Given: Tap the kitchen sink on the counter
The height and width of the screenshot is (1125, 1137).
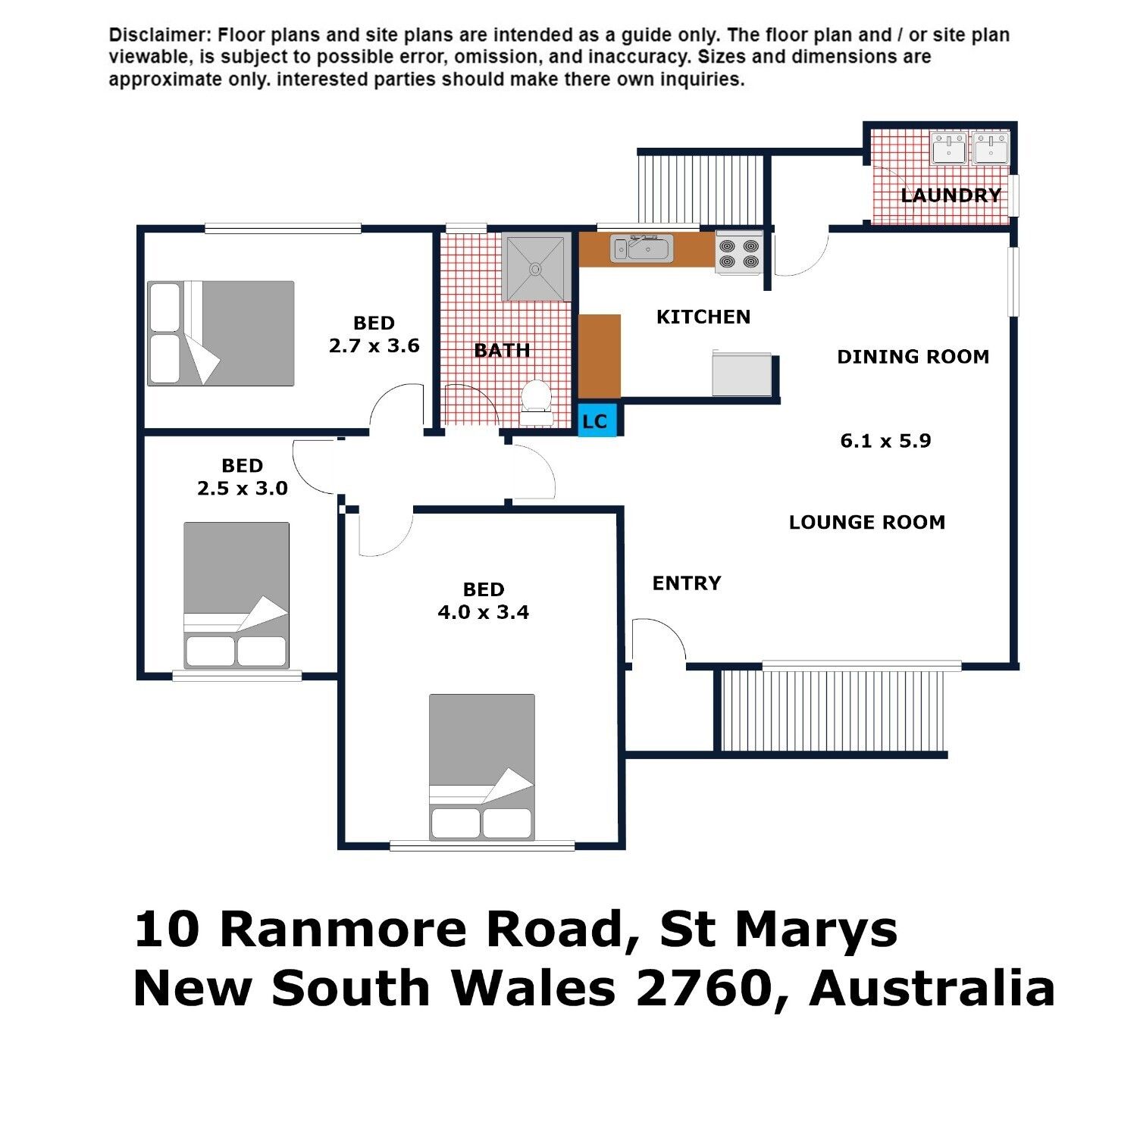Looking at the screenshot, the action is coord(642,248).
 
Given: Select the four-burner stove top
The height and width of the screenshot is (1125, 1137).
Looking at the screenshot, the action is coord(739,252).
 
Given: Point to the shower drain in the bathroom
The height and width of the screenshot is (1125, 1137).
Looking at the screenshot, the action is coord(535,267).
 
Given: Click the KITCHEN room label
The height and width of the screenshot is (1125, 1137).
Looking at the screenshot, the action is coord(703,317).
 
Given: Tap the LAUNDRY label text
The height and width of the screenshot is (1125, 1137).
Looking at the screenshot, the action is coord(951,195).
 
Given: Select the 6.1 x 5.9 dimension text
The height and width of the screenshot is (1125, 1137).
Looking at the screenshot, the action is coord(885,441).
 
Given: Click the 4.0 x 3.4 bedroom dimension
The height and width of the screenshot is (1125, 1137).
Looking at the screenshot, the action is coord(484,612).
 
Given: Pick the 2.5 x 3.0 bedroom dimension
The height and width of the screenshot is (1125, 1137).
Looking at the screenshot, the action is coord(243,489).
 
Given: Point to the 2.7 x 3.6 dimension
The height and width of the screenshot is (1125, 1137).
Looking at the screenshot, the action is coord(374,346).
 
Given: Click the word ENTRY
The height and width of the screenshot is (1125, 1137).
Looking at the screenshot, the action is coord(687,583).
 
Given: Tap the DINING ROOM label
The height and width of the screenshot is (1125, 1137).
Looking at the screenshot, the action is coord(913,357).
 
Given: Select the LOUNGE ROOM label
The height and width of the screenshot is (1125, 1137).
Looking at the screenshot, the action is coord(867,522).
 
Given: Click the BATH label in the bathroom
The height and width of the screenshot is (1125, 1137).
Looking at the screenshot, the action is coord(502,351).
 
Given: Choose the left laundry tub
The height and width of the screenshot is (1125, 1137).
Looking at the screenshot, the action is coord(948,148).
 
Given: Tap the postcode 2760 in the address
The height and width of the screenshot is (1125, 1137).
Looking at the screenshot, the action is coord(703,988).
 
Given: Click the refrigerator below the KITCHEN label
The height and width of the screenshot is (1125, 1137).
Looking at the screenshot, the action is coord(742,373).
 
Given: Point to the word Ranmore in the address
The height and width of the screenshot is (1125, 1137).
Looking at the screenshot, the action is coord(342,930).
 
